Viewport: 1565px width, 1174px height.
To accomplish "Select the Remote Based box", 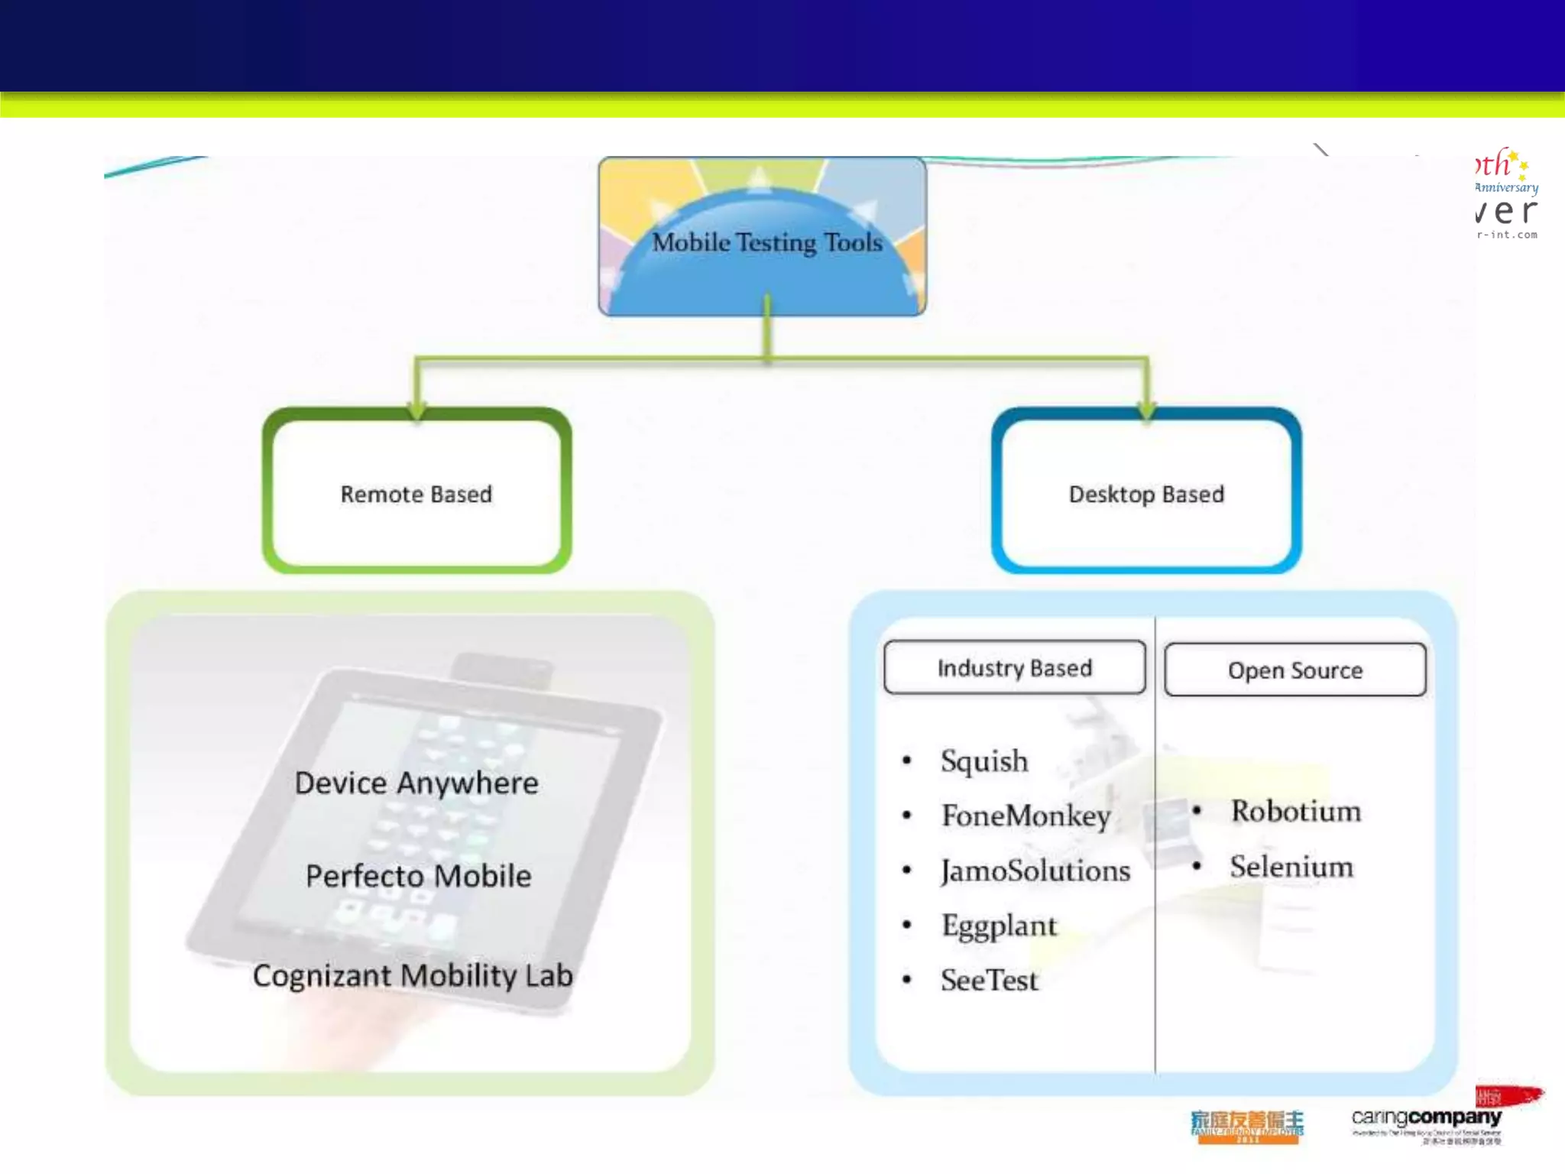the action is pyautogui.click(x=416, y=493).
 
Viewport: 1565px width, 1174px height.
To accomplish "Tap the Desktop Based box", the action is pyautogui.click(x=1146, y=493).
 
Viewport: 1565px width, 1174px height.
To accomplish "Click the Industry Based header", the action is pyautogui.click(x=1014, y=667).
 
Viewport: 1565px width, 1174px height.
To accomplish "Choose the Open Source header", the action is pyautogui.click(x=1294, y=670).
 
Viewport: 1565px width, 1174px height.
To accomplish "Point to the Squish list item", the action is pyautogui.click(x=984, y=761).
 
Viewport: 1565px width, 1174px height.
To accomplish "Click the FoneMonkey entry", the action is pyautogui.click(x=1026, y=816).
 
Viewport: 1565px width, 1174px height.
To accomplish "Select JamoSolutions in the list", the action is pyautogui.click(x=1035, y=871).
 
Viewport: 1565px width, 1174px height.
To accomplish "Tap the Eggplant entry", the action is pyautogui.click(x=999, y=926).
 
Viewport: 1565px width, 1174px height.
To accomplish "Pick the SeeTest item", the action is pyautogui.click(x=989, y=980).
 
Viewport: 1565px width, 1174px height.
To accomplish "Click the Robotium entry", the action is pyautogui.click(x=1296, y=811).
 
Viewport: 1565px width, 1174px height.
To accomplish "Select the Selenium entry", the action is pyautogui.click(x=1291, y=867).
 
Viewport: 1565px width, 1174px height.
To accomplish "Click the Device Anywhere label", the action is pyautogui.click(x=416, y=783).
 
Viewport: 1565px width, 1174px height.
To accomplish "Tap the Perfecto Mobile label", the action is pyautogui.click(x=418, y=876).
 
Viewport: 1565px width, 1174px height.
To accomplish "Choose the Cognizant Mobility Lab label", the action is pyautogui.click(x=413, y=975).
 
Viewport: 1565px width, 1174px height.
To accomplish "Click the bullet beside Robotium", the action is pyautogui.click(x=1197, y=810).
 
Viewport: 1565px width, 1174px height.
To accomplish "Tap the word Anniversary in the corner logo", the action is pyautogui.click(x=1506, y=187).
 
